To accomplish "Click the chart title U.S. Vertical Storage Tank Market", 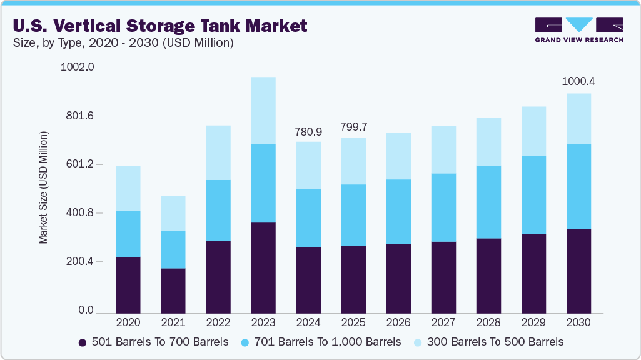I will (160, 26).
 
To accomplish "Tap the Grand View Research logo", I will (579, 30).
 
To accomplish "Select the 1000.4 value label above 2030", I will (578, 81).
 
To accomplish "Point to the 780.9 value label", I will (308, 132).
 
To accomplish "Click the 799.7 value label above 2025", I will (353, 127).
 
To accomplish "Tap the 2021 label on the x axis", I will (173, 322).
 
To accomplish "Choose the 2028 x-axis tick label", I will (488, 322).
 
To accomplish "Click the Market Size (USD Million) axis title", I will (43, 187).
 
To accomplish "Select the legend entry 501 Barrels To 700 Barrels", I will (153, 342).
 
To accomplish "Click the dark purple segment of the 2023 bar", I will (263, 267).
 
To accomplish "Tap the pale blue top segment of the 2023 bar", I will (263, 110).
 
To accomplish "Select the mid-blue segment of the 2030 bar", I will (578, 187).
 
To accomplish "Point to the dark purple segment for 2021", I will (173, 291).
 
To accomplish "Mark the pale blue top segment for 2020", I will (128, 188).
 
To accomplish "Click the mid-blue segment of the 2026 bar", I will (398, 212).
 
